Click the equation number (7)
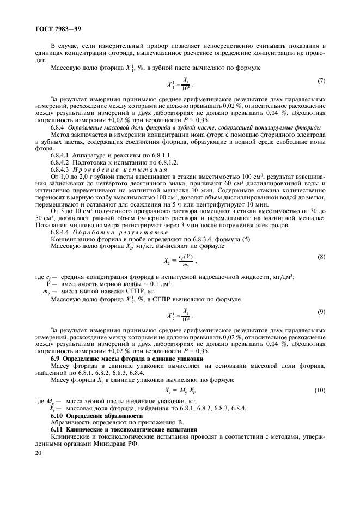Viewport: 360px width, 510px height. tap(321, 81)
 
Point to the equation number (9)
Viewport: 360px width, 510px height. tap(321, 312)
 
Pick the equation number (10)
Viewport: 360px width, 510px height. tap(320, 390)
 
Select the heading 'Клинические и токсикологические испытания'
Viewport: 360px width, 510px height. tap(132, 429)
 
